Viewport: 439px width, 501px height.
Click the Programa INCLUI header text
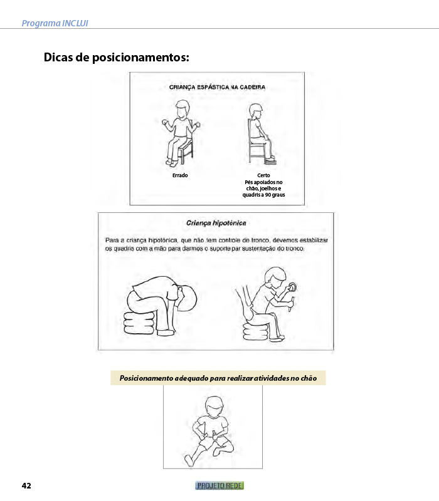[55, 23]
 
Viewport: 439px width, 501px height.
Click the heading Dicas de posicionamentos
[116, 58]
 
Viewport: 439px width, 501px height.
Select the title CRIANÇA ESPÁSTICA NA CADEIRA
[217, 88]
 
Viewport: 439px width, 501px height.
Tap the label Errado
[180, 175]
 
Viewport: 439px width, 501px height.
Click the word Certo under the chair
[263, 175]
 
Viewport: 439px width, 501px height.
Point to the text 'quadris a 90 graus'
[263, 195]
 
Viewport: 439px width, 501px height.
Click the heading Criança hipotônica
[216, 222]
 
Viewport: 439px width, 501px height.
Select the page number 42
[26, 486]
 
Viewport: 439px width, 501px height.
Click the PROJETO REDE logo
[219, 486]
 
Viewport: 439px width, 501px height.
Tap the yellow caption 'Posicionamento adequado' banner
[218, 378]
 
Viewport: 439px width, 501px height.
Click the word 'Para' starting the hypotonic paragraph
[111, 240]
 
